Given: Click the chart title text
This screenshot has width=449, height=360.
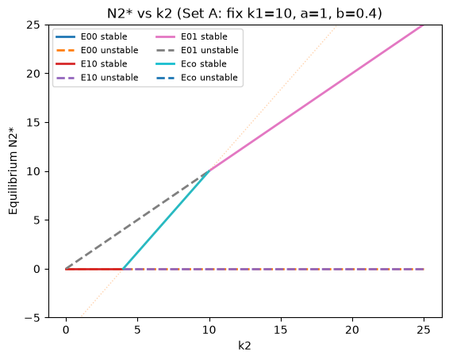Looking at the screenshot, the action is [x=244, y=13].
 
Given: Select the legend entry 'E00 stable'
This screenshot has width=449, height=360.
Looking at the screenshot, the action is [x=92, y=36].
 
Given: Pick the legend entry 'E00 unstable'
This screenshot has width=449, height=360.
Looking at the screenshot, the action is [x=97, y=51].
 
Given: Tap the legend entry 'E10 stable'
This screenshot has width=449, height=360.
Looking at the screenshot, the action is [x=92, y=63].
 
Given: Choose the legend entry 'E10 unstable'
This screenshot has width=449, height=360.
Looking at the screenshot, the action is [x=97, y=78].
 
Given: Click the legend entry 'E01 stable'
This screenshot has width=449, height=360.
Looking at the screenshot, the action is [x=191, y=36].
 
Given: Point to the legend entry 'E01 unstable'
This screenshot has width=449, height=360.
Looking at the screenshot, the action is [x=197, y=51].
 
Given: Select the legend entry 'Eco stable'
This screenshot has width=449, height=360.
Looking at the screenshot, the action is [x=191, y=63].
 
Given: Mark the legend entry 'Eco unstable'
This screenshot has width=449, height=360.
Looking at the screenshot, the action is [x=197, y=78].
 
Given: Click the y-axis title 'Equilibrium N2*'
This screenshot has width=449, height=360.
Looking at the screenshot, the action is [x=13, y=170].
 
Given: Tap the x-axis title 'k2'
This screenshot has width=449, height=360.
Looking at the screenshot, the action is [x=244, y=346].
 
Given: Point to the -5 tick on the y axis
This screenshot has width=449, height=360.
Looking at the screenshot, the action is [x=34, y=318].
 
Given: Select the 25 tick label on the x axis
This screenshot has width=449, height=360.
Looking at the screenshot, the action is [x=424, y=330].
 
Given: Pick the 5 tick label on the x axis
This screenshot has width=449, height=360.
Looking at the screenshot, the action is [x=137, y=330].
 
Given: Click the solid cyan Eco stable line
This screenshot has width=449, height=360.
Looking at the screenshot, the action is [x=166, y=220].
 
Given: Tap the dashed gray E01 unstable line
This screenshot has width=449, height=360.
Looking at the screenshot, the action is [x=138, y=220].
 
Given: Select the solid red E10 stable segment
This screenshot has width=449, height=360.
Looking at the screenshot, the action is [x=94, y=269].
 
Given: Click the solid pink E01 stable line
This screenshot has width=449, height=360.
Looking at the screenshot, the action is [x=317, y=98].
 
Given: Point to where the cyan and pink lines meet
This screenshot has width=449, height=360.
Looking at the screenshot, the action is [x=209, y=171].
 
